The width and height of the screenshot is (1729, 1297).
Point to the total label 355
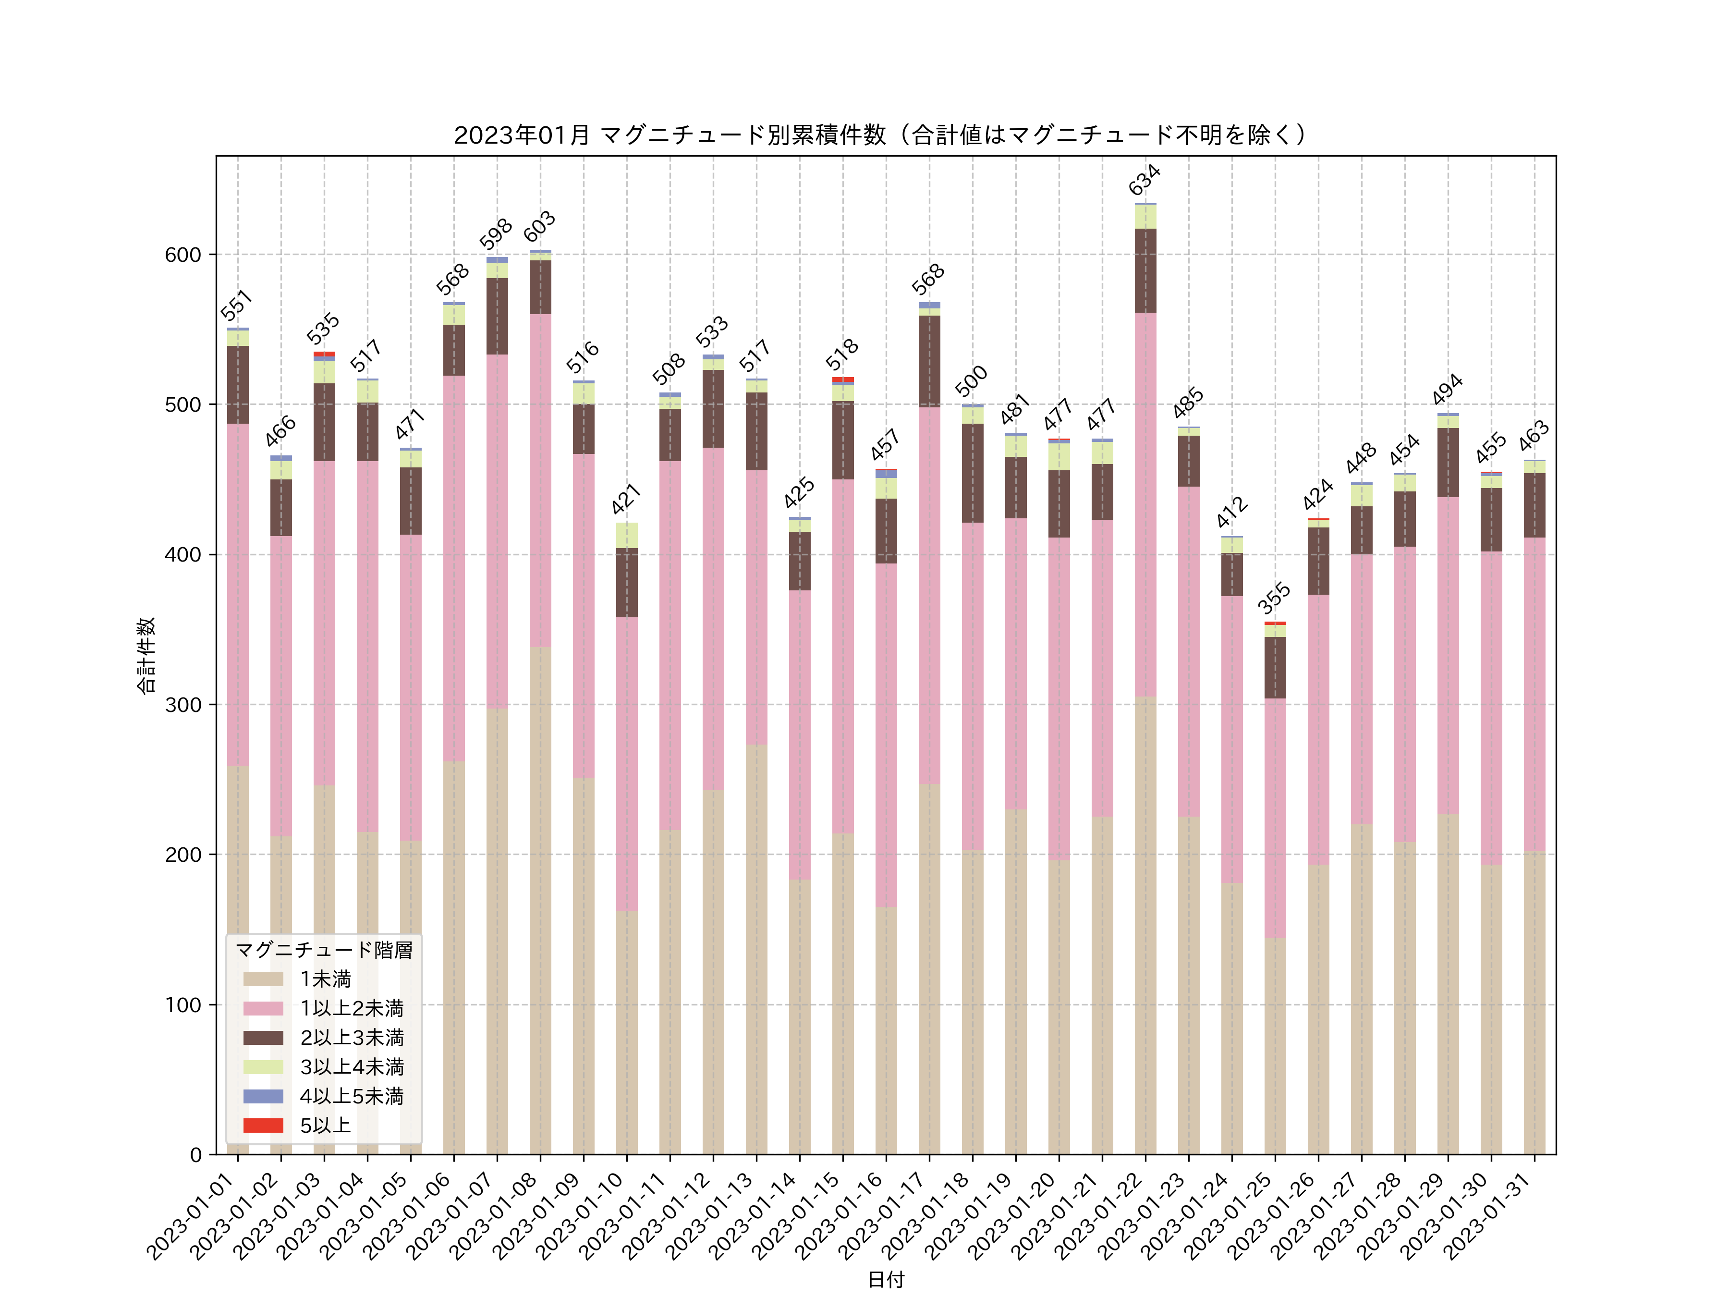click(1274, 598)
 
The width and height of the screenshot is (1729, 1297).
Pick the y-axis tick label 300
click(183, 704)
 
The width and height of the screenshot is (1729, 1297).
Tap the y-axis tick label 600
click(183, 255)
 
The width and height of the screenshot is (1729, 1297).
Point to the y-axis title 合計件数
click(146, 655)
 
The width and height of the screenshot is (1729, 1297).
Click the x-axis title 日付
click(886, 1279)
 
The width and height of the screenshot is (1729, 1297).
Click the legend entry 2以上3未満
click(352, 1038)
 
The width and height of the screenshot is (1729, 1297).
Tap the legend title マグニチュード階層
click(324, 950)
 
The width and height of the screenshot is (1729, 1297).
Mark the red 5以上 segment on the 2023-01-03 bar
click(324, 354)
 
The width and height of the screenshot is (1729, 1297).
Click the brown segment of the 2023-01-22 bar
click(1145, 270)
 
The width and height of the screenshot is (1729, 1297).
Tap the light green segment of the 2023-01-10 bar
click(626, 536)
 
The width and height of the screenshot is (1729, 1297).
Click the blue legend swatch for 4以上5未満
click(263, 1096)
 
